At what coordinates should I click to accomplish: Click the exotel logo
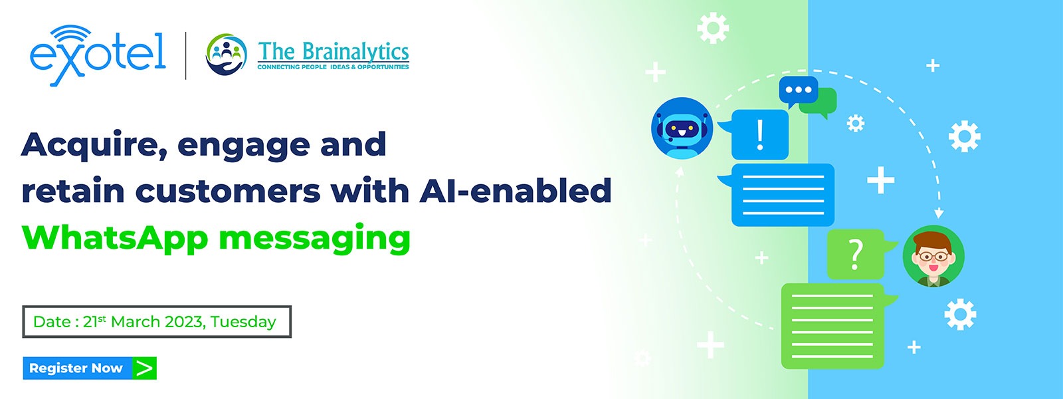pos(98,56)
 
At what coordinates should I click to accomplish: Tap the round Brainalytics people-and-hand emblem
pos(227,54)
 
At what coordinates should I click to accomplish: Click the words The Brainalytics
pos(333,52)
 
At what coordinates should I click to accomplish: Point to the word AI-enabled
pos(516,190)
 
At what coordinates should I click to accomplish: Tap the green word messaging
pos(314,239)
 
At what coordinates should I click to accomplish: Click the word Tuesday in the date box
pos(243,322)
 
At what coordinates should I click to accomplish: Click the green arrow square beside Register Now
pos(144,368)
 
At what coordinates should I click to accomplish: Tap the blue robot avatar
pos(682,128)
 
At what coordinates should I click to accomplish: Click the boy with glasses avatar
pos(933,256)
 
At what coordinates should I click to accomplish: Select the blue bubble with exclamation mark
pos(755,134)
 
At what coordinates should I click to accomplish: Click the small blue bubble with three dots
pos(798,91)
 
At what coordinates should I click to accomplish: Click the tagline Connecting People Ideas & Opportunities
pos(333,67)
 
